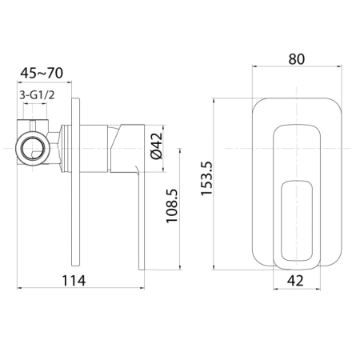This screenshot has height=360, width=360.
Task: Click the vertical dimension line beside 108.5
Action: [x=185, y=208]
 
